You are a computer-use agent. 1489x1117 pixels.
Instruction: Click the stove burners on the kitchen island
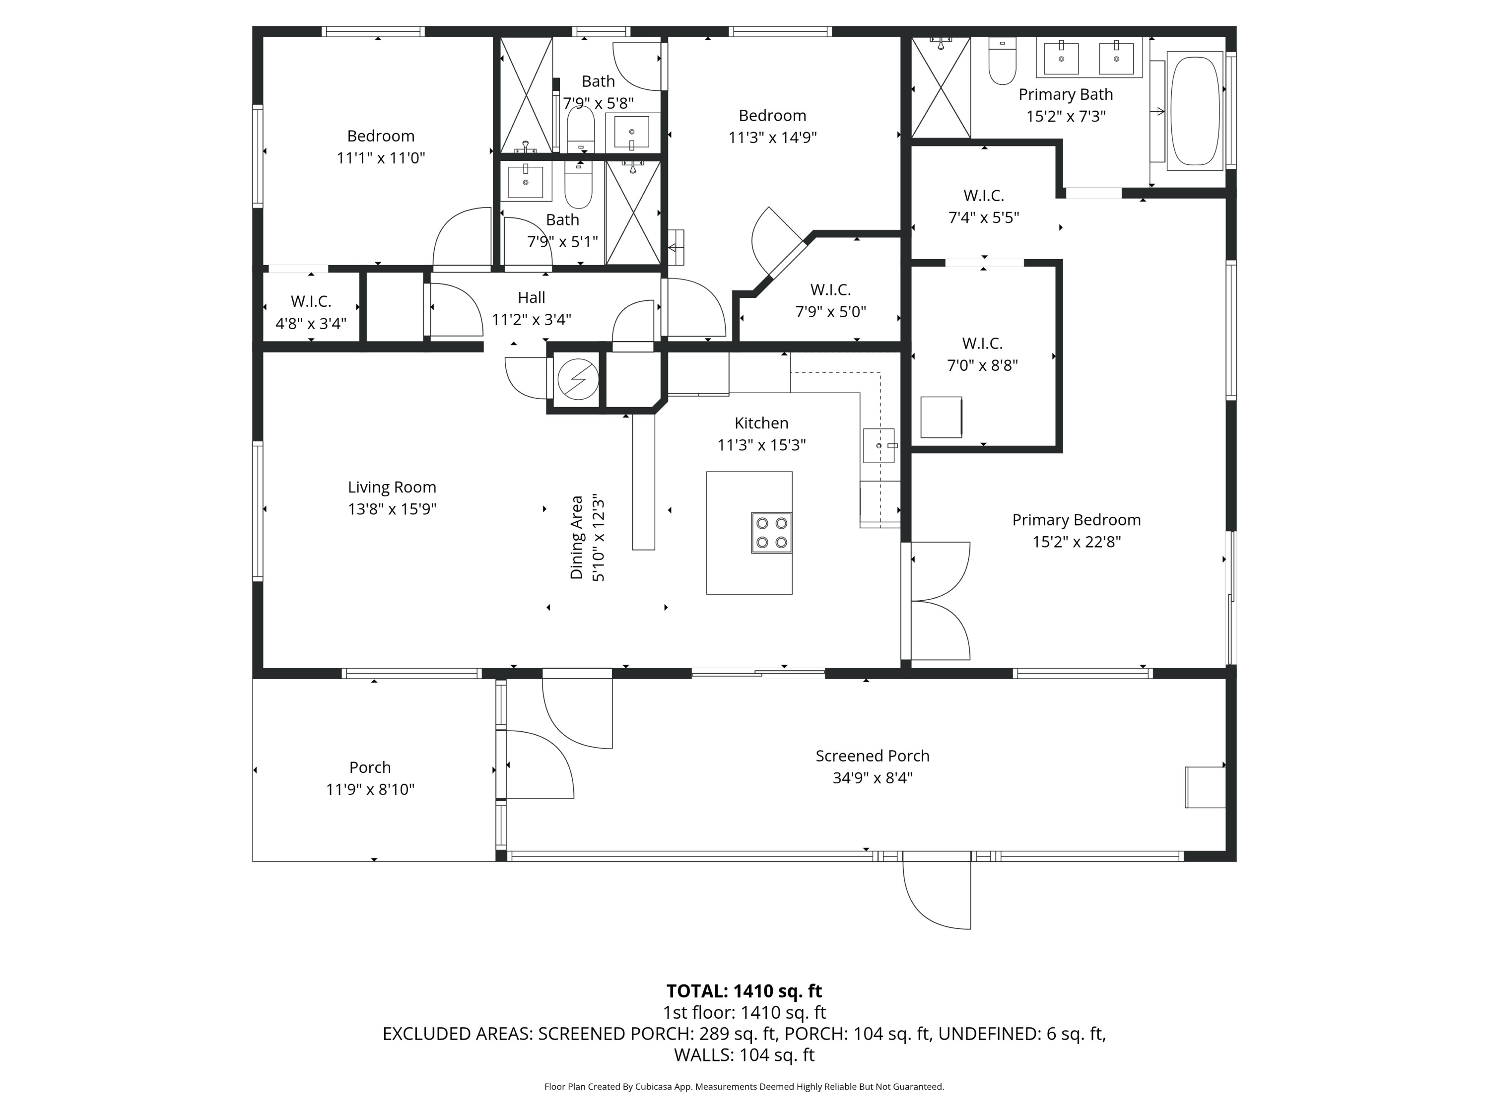click(771, 533)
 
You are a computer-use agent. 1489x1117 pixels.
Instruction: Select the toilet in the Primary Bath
click(1002, 61)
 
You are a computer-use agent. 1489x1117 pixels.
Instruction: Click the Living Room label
click(392, 487)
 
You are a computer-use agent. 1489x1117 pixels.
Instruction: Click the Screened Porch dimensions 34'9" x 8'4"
click(873, 777)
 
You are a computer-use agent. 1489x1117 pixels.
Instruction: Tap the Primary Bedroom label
click(1077, 520)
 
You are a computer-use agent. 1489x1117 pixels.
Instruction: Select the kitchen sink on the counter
click(879, 446)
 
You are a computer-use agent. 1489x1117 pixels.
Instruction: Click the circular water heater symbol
click(578, 380)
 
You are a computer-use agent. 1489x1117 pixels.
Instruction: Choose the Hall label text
click(531, 297)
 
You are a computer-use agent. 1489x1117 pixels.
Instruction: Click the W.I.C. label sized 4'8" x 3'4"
click(311, 312)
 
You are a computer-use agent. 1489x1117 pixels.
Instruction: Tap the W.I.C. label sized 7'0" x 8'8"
click(982, 354)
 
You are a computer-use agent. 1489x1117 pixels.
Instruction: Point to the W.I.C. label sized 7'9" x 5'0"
click(831, 300)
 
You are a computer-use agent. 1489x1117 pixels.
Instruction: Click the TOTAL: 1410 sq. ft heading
click(744, 991)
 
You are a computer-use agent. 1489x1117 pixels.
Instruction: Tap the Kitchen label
click(761, 423)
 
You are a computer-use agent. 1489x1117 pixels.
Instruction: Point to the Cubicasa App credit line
click(744, 1086)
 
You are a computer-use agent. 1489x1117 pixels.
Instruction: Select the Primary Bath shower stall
click(941, 87)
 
